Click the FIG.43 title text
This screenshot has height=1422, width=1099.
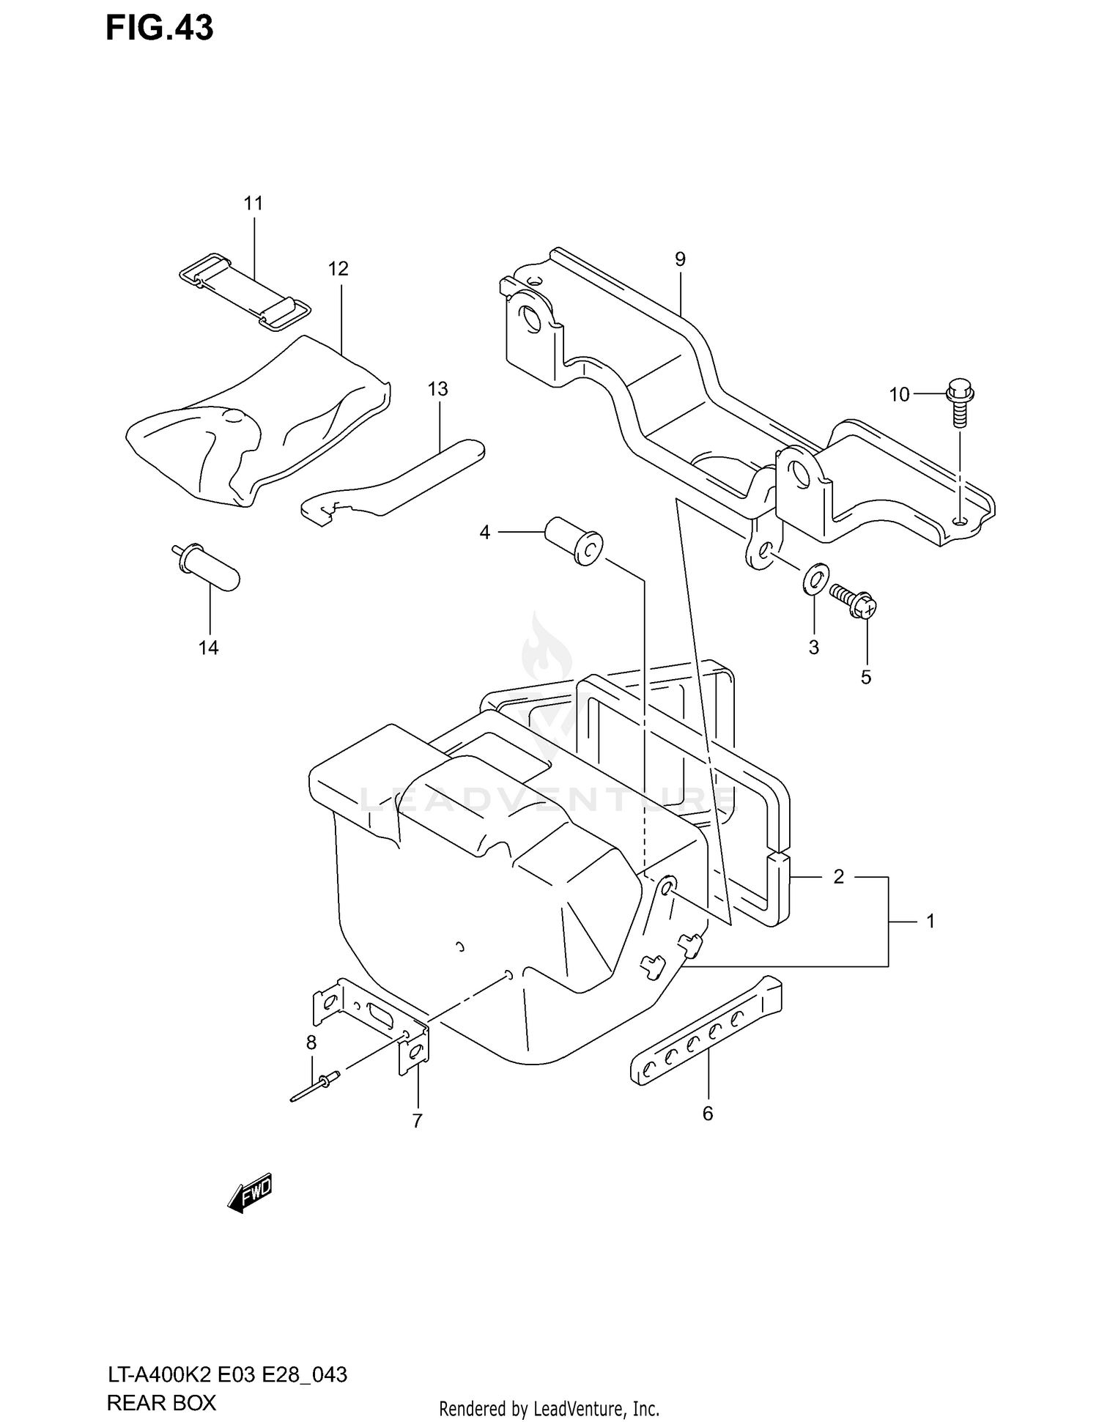(x=160, y=28)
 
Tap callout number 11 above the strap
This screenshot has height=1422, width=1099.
(x=254, y=203)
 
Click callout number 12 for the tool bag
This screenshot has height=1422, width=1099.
(x=338, y=268)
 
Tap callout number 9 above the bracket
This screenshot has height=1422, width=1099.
(x=680, y=259)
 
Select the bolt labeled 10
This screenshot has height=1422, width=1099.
(x=958, y=403)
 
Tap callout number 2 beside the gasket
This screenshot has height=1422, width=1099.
(x=839, y=876)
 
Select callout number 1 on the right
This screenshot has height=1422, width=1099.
(x=930, y=921)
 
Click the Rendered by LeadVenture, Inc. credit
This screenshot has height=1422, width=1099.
(x=549, y=1408)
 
